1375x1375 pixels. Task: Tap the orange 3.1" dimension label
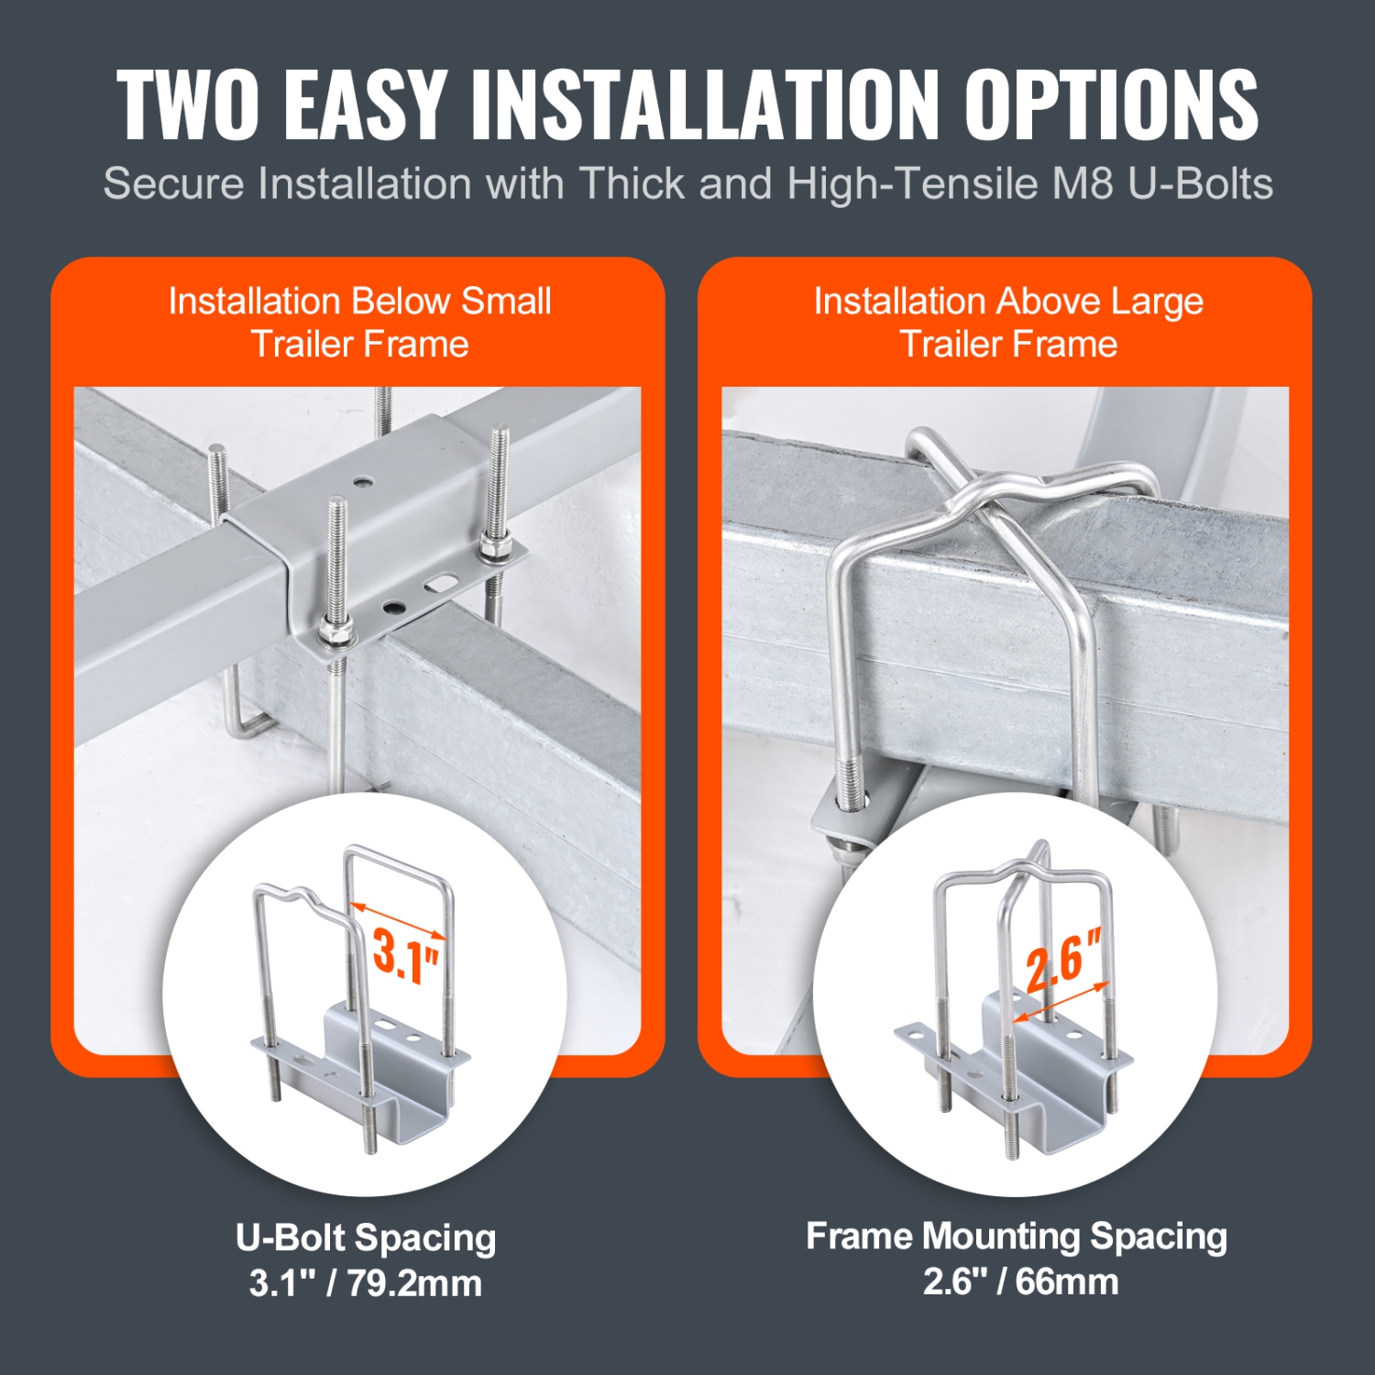pos(405,956)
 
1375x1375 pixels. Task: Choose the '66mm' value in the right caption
pos(1067,1281)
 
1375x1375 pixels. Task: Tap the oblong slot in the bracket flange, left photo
pos(441,583)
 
